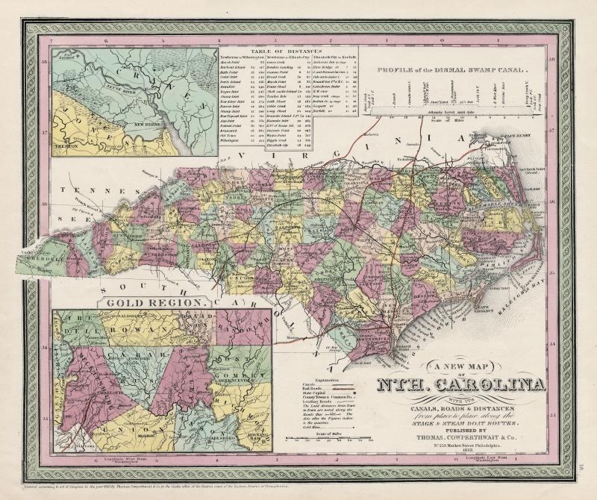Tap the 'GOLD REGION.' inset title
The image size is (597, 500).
[x=155, y=303]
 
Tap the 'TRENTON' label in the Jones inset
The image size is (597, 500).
[x=69, y=148]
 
